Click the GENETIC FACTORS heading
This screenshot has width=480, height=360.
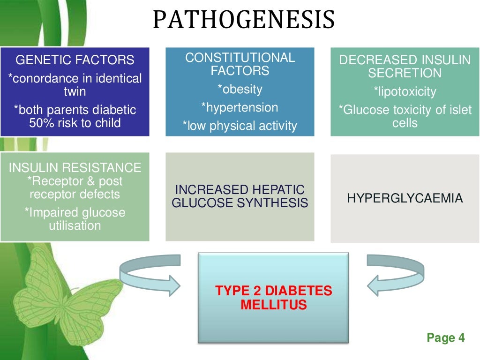pyautogui.click(x=75, y=60)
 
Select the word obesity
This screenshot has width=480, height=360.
pyautogui.click(x=240, y=89)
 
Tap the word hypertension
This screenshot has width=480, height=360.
pyautogui.click(x=240, y=107)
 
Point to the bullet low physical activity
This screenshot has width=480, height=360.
pyautogui.click(x=240, y=126)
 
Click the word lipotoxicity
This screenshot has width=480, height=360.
pyautogui.click(x=405, y=91)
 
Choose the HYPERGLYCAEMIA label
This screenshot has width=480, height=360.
pyautogui.click(x=405, y=198)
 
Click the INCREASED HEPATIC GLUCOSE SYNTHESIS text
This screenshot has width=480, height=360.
pyautogui.click(x=240, y=196)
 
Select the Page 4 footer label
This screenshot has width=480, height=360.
pyautogui.click(x=445, y=337)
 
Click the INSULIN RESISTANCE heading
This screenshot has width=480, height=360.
pyautogui.click(x=75, y=168)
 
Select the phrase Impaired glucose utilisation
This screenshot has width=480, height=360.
pyautogui.click(x=75, y=219)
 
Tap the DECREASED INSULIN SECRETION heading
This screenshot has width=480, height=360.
pyautogui.click(x=405, y=67)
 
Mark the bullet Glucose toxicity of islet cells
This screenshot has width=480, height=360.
pyautogui.click(x=405, y=116)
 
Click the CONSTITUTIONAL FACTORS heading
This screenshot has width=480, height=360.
pyautogui.click(x=240, y=64)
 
